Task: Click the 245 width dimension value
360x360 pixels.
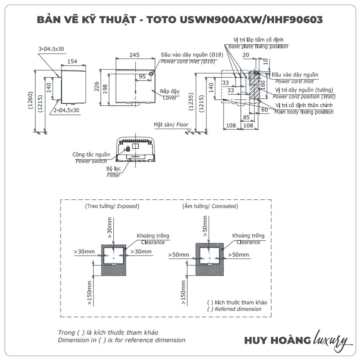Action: [x=134, y=55]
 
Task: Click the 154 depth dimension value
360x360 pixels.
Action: [x=72, y=62]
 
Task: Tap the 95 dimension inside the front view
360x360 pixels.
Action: [x=142, y=76]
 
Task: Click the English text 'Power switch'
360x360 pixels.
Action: [x=91, y=161]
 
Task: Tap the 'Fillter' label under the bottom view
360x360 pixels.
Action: [x=113, y=175]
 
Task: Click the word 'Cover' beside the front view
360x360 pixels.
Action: [x=170, y=98]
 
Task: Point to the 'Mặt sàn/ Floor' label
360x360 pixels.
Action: [x=171, y=125]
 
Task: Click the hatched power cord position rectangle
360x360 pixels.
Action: [x=254, y=85]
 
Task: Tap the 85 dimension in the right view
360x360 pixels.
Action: [x=247, y=117]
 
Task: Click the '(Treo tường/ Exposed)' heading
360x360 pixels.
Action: [x=112, y=206]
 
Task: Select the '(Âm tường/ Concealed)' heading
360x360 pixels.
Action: [x=210, y=206]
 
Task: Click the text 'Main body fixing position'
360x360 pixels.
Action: [x=304, y=112]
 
